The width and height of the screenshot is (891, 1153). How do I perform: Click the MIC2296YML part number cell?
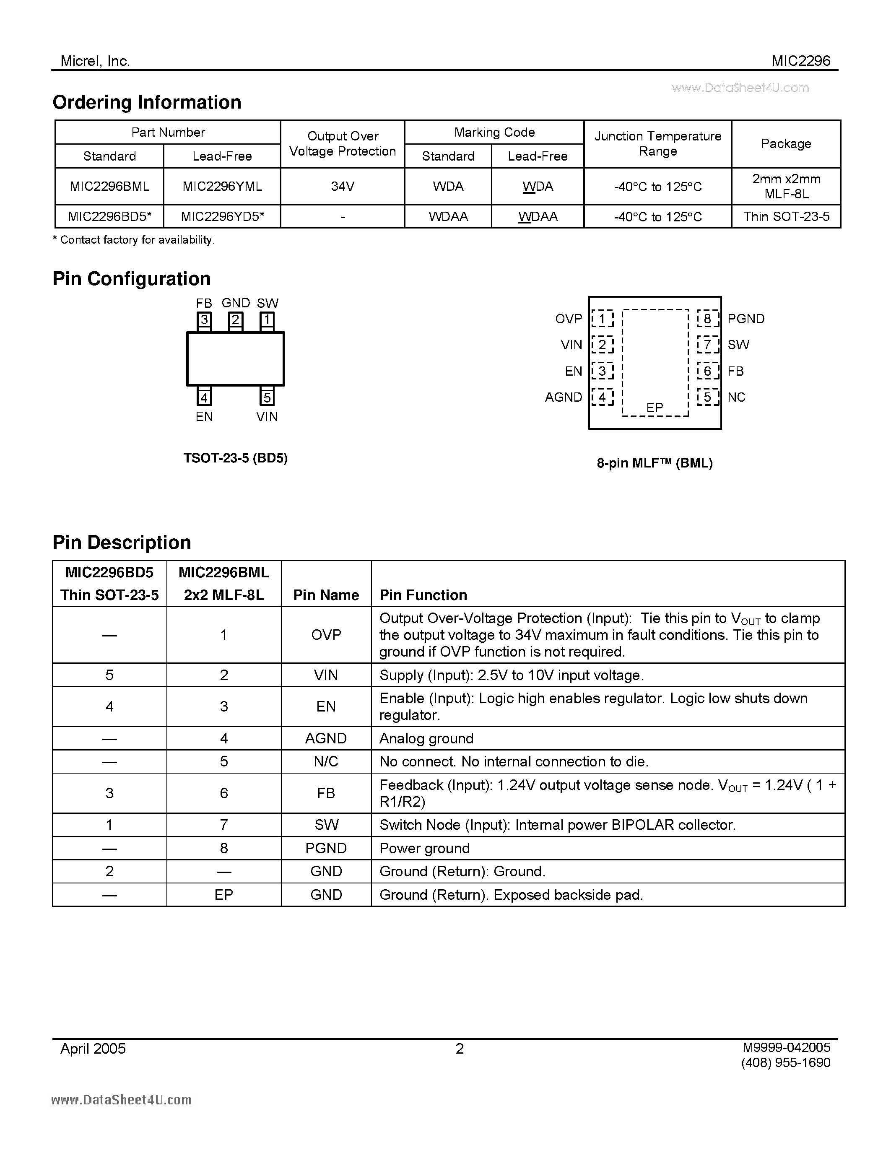[x=222, y=186]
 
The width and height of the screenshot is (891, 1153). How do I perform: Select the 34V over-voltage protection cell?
[x=343, y=186]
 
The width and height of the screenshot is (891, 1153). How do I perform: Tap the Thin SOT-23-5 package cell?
[x=786, y=216]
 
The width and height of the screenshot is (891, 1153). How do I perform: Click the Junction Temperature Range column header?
[x=658, y=143]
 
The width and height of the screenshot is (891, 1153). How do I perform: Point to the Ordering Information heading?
[x=147, y=102]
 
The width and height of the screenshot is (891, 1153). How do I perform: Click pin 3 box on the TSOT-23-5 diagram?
[x=204, y=320]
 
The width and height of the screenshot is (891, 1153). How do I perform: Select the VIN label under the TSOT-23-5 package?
[x=267, y=416]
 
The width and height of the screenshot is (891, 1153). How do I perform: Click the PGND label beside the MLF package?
[x=746, y=319]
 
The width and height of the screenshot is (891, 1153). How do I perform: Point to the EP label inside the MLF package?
[x=655, y=408]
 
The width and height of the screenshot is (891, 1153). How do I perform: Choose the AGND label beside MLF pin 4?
[x=563, y=397]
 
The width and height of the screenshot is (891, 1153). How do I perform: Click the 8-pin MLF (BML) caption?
[x=655, y=463]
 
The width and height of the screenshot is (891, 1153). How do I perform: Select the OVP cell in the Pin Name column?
[x=326, y=635]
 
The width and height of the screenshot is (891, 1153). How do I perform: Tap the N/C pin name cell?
[x=326, y=761]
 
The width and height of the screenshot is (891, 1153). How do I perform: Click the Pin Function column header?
[x=423, y=595]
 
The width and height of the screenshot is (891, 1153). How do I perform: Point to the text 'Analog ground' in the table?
[x=426, y=738]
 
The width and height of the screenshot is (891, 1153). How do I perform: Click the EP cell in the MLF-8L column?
[x=224, y=894]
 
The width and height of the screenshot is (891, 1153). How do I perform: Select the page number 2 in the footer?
[x=460, y=1049]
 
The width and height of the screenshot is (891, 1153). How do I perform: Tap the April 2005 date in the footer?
[x=93, y=1049]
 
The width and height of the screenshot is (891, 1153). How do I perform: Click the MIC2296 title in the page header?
[x=801, y=61]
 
